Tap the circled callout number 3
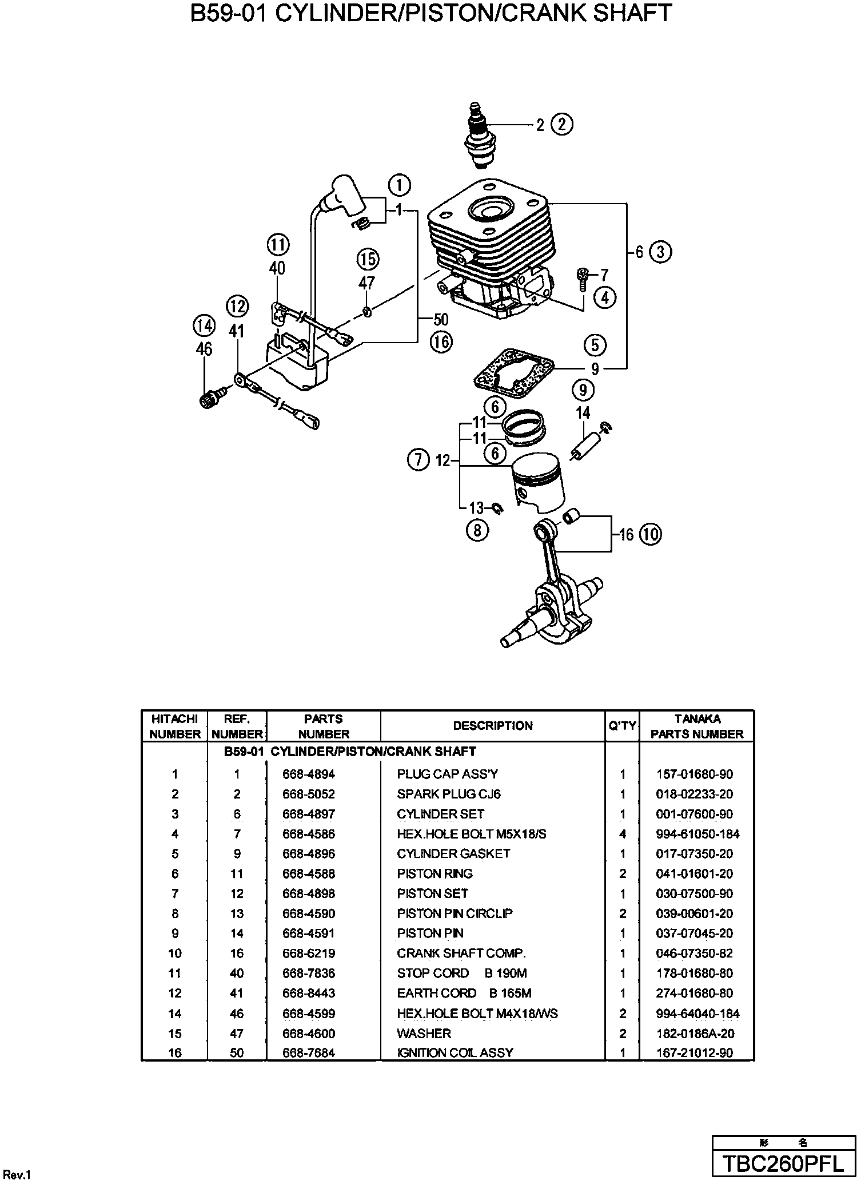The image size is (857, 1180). (x=660, y=252)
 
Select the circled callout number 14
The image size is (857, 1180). (x=204, y=326)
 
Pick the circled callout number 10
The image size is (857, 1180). (x=650, y=534)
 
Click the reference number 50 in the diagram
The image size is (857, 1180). (x=441, y=319)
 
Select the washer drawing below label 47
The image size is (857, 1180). (x=366, y=312)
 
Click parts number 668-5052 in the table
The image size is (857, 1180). (x=309, y=794)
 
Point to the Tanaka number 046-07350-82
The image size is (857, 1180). (x=694, y=953)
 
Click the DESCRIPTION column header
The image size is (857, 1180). (x=493, y=726)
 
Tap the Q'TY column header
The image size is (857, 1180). (x=622, y=726)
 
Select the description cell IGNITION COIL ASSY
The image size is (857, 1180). (x=455, y=1052)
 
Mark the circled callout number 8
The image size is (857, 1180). (x=477, y=530)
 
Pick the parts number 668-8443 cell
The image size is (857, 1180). (x=309, y=994)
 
